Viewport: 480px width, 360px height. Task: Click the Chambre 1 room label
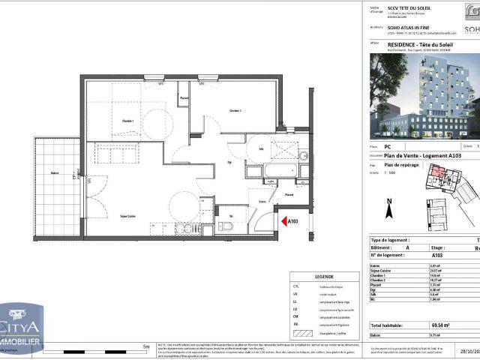point(127,121)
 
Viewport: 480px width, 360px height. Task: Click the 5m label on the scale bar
point(145,347)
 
